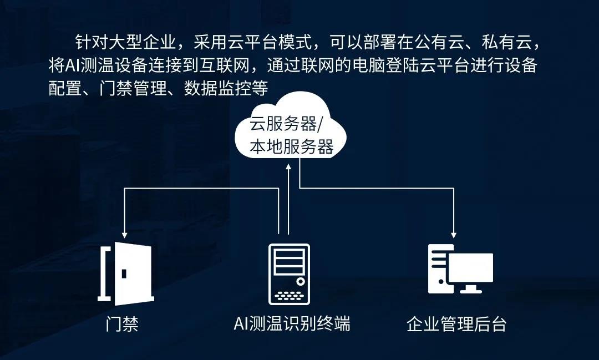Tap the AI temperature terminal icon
point(289,275)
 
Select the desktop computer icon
point(460,269)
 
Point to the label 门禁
point(122,324)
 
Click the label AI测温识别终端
point(292,324)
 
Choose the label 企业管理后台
point(456,324)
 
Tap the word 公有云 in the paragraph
point(439,43)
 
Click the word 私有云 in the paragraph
point(506,43)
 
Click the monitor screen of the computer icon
point(470,268)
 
